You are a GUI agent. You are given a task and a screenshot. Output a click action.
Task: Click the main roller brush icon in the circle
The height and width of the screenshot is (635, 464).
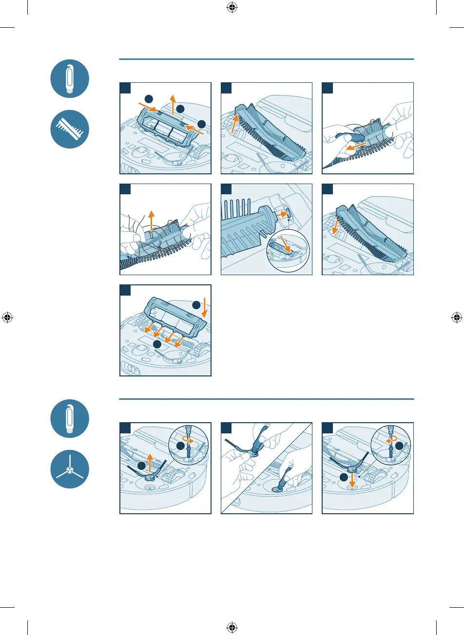coord(70,129)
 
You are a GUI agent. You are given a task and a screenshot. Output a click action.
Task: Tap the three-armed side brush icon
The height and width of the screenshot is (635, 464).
coord(70,469)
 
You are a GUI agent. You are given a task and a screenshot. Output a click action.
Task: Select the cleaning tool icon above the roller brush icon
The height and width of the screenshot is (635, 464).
coord(70,78)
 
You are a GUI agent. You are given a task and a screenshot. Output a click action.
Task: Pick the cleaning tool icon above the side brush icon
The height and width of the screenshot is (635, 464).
coord(70,418)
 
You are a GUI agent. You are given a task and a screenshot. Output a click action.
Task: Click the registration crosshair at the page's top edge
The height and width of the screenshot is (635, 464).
coord(232,8)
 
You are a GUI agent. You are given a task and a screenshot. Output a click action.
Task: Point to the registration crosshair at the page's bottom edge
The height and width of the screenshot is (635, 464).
coord(232,627)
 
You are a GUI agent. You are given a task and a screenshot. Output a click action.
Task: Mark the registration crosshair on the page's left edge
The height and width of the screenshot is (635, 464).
coord(8,317)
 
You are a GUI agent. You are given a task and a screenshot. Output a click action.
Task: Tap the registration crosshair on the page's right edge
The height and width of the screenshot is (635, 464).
coord(456,317)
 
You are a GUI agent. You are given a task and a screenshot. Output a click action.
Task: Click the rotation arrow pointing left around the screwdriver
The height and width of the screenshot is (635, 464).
coord(389,439)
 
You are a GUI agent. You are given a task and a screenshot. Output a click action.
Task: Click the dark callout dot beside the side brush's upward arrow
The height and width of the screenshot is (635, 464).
coord(141,467)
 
